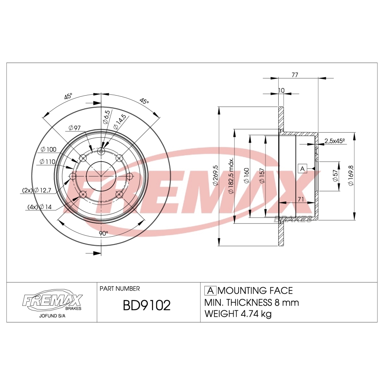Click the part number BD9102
coord(147,305)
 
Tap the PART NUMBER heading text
coord(120,288)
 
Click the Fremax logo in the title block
coord(52,301)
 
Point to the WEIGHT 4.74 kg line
coord(238,314)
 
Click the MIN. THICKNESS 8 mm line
coord(252,302)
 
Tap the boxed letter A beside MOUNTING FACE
coord(210,291)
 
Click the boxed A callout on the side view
coord(303,169)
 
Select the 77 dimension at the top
coord(295,75)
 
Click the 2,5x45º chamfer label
coord(334,141)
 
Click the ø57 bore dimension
coord(336,176)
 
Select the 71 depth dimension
coord(300,199)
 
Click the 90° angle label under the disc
coord(103,233)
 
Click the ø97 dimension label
coord(75,128)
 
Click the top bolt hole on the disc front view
coord(101,151)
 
